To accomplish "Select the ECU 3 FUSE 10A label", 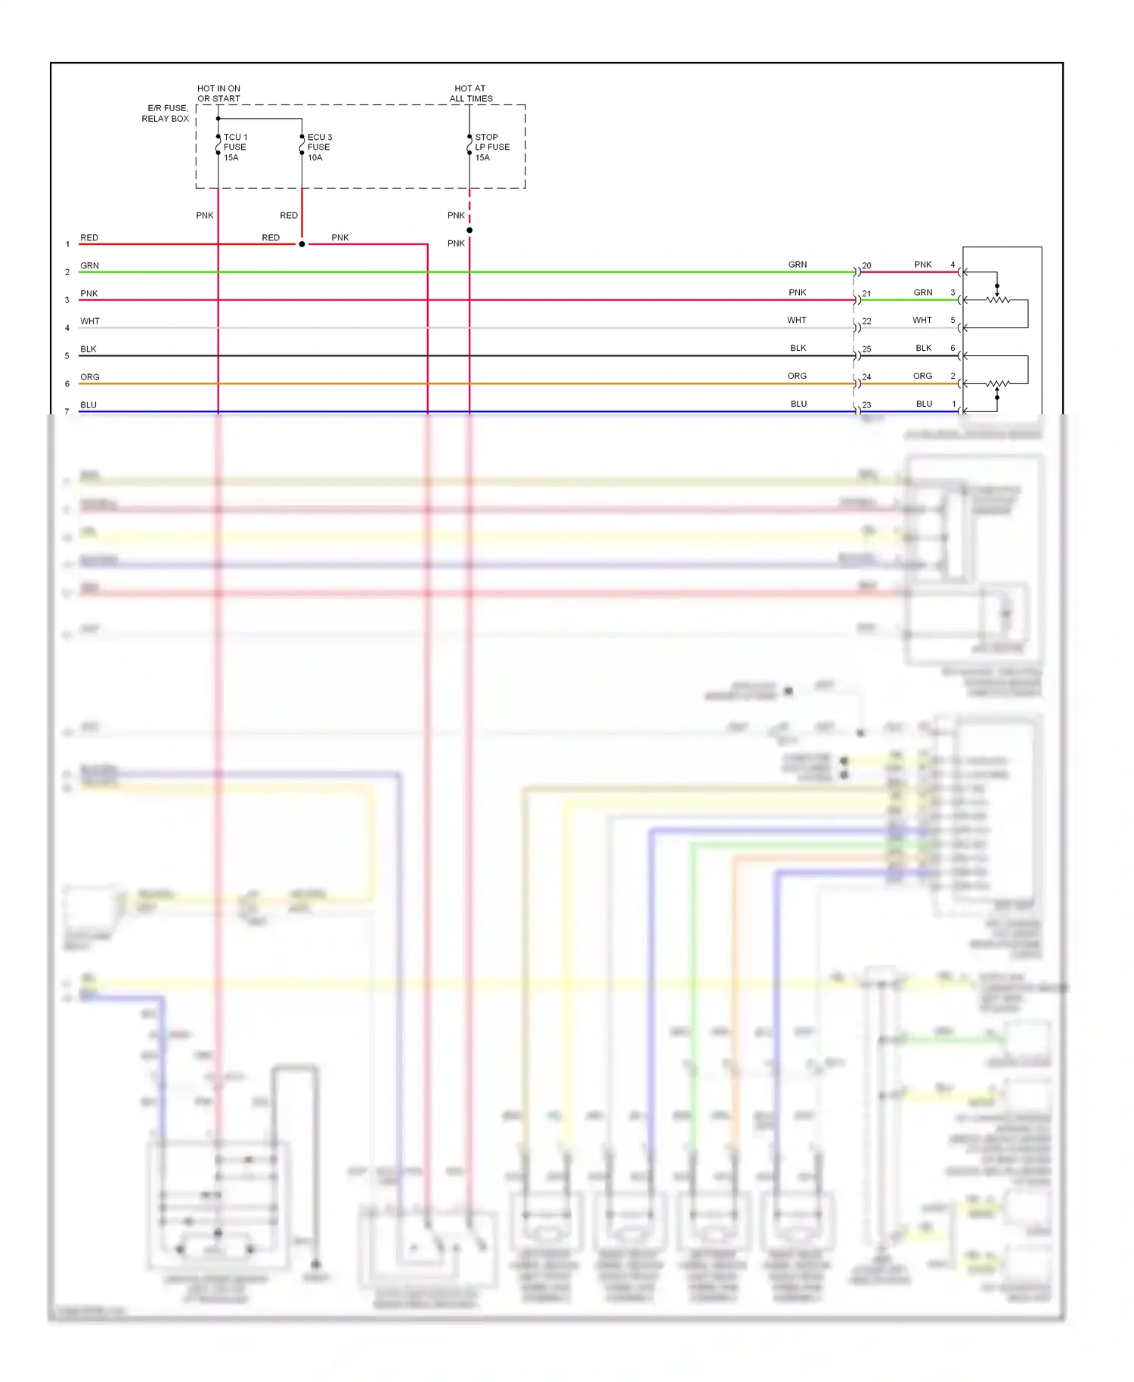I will pos(319,147).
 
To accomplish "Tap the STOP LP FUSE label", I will pos(492,147).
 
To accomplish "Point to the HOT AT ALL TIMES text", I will pos(470,94).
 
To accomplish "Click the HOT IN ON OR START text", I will pos(218,94).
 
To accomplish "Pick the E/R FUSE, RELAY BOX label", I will pos(166,113).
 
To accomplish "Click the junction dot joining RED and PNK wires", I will pos(302,244).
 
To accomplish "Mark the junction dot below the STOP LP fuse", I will pos(469,230).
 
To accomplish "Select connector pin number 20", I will pos(866,266).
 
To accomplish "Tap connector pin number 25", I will pos(866,349).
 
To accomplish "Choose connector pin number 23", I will pos(866,405).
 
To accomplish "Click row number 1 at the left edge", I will pos(67,244).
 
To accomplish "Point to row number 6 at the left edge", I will pos(67,384).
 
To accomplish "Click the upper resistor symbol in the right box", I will pos(998,300).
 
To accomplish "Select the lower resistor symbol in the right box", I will pos(998,384).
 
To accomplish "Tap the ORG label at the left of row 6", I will pos(90,377).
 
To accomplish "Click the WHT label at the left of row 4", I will pos(90,321).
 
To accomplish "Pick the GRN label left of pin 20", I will pos(798,265).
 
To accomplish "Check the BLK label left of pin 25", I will pos(798,349).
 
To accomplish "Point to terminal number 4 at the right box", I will pos(953,265).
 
